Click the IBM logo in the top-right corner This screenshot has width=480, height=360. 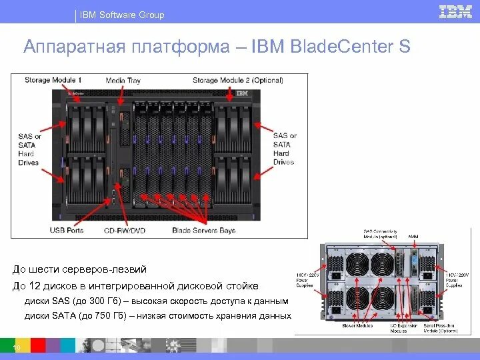[456, 12]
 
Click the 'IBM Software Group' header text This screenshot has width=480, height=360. [122, 15]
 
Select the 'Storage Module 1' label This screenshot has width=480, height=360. [53, 81]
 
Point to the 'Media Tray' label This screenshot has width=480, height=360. [123, 81]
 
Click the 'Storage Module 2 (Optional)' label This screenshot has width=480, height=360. [238, 81]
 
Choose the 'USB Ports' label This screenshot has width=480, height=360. [67, 231]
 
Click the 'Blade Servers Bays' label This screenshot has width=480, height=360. [204, 231]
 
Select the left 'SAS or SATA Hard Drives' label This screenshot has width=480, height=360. [29, 149]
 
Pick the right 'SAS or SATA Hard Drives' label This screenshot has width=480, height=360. [285, 149]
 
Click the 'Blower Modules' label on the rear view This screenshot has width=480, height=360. [358, 326]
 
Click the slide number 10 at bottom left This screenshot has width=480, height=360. [16, 349]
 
